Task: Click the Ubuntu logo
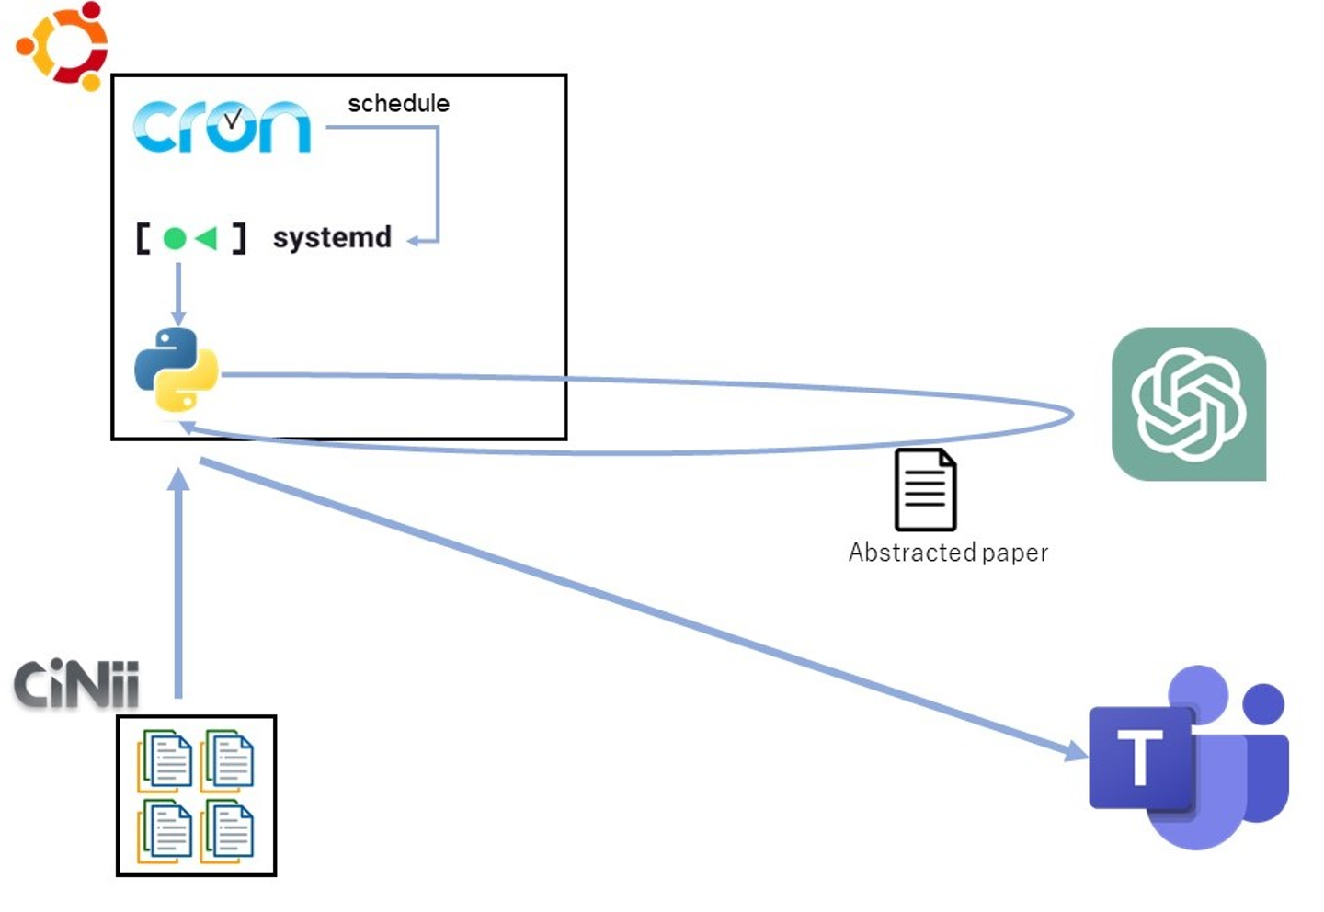[x=63, y=46]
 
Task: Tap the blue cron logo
[x=222, y=127]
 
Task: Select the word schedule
[x=398, y=103]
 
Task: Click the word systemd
[x=332, y=237]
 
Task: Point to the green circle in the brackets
[x=175, y=239]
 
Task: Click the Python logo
[x=177, y=370]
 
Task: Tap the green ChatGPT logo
[x=1188, y=405]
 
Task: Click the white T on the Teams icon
[x=1140, y=758]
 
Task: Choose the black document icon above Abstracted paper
[x=925, y=490]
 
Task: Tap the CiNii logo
[x=76, y=684]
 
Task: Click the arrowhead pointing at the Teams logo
[x=1077, y=751]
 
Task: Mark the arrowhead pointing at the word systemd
[x=416, y=241]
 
